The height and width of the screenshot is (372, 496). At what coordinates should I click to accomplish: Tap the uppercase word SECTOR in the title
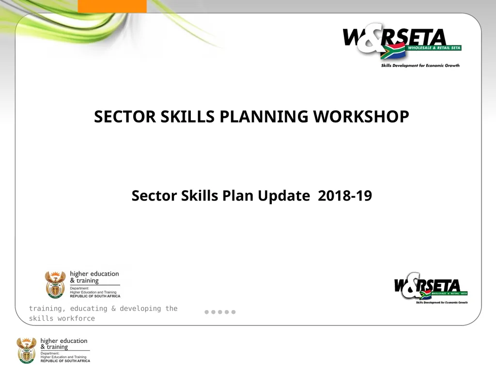(x=125, y=117)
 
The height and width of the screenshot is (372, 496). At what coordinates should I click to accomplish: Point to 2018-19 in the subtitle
(x=345, y=196)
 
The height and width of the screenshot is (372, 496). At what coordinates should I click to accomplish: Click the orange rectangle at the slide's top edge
(x=112, y=6)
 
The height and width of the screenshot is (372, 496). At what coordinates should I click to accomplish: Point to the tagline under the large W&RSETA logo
(x=420, y=65)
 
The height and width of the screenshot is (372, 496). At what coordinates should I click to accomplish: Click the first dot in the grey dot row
(x=207, y=312)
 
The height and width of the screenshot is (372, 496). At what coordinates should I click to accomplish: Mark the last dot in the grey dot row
(x=233, y=312)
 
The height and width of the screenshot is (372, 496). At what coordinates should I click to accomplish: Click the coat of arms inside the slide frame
(x=55, y=284)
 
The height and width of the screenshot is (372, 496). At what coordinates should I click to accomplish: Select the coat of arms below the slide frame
(x=27, y=350)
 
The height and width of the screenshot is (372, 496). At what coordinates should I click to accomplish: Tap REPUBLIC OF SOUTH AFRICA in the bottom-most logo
(x=65, y=361)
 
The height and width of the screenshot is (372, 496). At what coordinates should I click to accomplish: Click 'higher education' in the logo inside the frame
(x=94, y=274)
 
